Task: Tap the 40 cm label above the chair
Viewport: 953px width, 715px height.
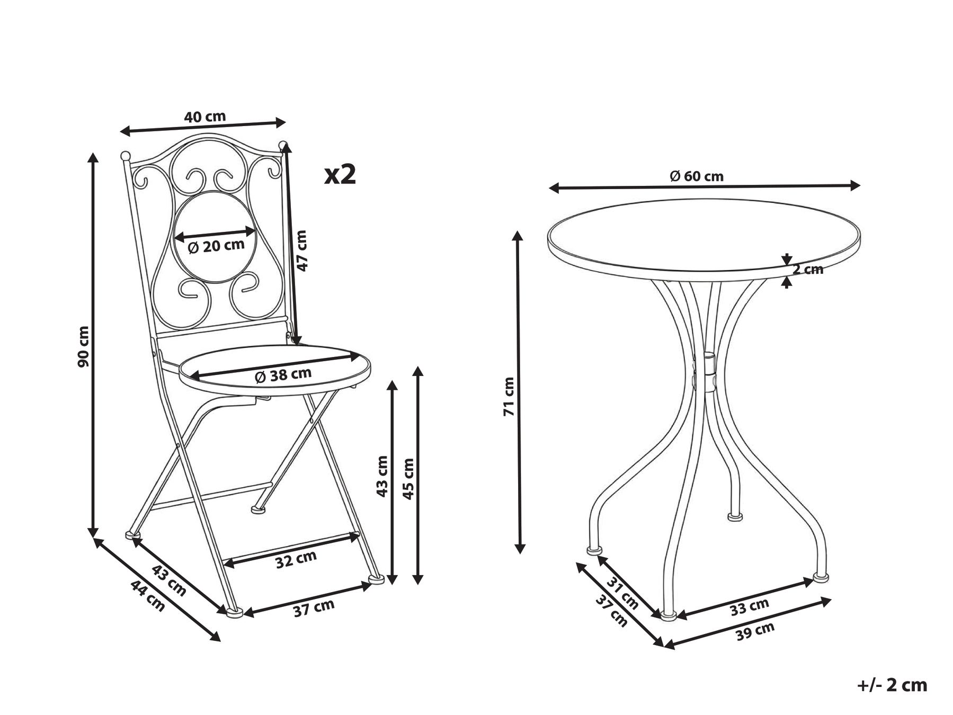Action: pyautogui.click(x=204, y=117)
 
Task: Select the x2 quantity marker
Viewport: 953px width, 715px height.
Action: pyautogui.click(x=340, y=174)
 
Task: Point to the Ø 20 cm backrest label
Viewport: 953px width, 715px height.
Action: pyautogui.click(x=216, y=246)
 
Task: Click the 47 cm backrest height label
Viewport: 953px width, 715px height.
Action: pyautogui.click(x=301, y=251)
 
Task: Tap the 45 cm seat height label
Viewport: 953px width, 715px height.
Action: pyautogui.click(x=408, y=478)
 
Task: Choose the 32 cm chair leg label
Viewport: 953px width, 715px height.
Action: pyautogui.click(x=296, y=559)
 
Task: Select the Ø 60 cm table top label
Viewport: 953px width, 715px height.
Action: pyautogui.click(x=697, y=176)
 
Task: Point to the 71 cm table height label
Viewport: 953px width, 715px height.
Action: pyautogui.click(x=509, y=396)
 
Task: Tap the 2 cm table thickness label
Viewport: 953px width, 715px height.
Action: pyautogui.click(x=808, y=269)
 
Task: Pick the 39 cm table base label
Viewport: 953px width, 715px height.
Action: pyautogui.click(x=755, y=631)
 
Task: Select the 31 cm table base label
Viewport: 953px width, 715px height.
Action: pyautogui.click(x=622, y=593)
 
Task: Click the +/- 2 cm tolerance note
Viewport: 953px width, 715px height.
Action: pyautogui.click(x=892, y=685)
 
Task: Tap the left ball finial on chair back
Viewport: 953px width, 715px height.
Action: pyautogui.click(x=125, y=156)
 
